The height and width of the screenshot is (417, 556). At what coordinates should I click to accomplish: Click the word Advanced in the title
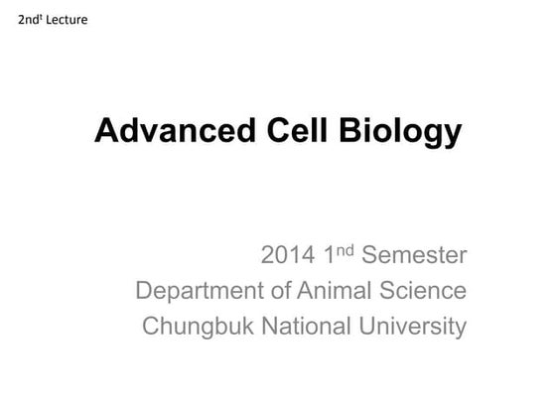[175, 130]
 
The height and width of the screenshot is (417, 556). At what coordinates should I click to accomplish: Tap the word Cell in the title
[297, 130]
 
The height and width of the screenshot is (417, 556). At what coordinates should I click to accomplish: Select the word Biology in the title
[400, 132]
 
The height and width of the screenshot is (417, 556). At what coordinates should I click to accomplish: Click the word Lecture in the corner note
[67, 20]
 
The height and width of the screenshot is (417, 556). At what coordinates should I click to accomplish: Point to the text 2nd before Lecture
[29, 20]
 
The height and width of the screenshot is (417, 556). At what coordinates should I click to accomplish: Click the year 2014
[288, 254]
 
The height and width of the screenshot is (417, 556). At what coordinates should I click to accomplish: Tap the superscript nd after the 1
[346, 250]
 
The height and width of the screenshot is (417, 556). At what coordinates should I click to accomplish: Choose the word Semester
[414, 254]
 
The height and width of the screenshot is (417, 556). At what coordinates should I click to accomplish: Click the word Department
[200, 291]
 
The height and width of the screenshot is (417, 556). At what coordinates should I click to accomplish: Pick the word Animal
[335, 290]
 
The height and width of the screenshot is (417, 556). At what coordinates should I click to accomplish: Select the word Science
[423, 290]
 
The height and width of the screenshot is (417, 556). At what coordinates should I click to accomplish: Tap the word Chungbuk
[198, 327]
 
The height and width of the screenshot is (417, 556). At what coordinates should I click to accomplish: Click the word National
[306, 326]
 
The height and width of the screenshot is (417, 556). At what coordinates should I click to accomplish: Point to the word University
[412, 327]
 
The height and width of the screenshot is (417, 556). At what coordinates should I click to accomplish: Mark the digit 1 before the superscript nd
[330, 254]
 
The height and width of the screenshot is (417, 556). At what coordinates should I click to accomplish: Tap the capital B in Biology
[351, 130]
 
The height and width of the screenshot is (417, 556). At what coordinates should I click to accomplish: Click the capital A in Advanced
[106, 130]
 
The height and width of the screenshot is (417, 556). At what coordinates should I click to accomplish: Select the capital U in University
[367, 326]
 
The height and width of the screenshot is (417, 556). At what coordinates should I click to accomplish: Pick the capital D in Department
[144, 290]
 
